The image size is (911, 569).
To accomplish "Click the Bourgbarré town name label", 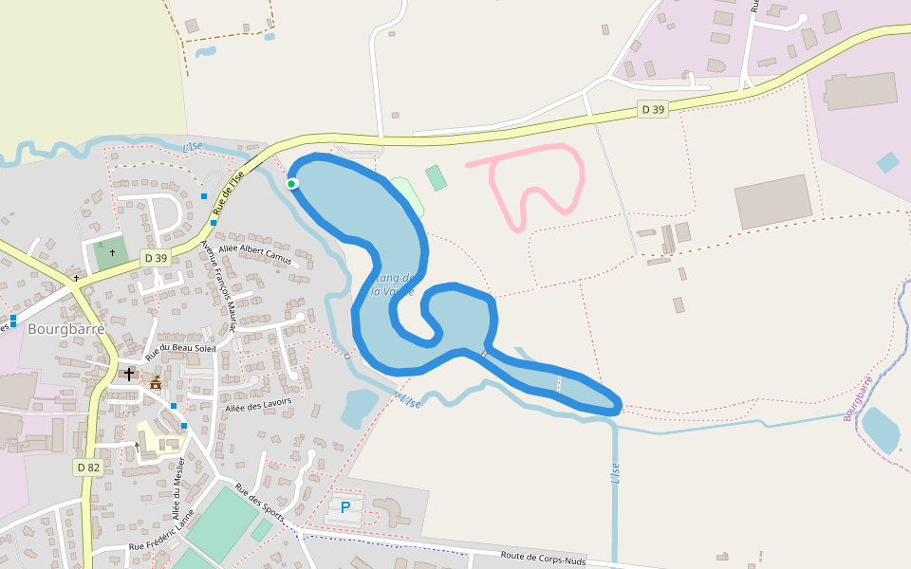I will [65, 329].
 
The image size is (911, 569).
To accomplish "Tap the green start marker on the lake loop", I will [292, 183].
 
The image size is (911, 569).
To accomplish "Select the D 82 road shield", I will [87, 467].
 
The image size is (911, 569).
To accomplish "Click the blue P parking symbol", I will [345, 507].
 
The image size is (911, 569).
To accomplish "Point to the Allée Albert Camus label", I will [255, 252].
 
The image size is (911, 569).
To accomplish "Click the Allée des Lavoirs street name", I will [258, 403].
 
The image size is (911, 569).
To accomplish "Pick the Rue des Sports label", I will [260, 503].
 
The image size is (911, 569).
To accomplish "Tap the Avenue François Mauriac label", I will [217, 285].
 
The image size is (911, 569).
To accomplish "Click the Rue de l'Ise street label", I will [229, 191].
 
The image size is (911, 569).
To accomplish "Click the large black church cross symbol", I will [129, 375].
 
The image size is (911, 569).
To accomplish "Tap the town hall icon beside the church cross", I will [156, 381].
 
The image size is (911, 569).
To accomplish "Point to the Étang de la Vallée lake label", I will [394, 284].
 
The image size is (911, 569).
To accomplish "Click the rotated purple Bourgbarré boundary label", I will [858, 398].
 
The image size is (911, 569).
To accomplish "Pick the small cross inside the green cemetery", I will [112, 252].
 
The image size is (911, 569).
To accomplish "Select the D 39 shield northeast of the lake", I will [653, 109].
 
